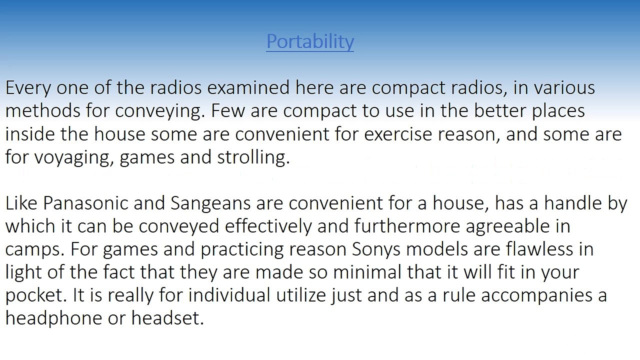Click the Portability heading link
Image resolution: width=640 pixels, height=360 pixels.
(x=310, y=41)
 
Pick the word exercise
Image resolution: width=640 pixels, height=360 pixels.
(x=397, y=134)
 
